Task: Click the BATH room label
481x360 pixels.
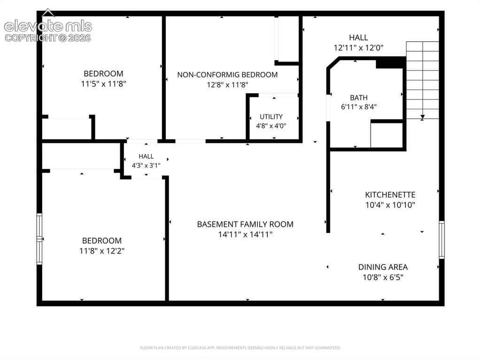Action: tap(358, 98)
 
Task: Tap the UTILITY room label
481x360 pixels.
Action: tap(271, 116)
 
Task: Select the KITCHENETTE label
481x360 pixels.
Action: tap(390, 195)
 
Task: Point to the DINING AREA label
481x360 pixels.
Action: tap(383, 267)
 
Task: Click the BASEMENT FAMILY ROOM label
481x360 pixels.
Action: tap(245, 224)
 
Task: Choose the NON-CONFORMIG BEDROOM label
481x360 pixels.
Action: tap(227, 75)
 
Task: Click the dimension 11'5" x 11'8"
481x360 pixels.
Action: tap(103, 84)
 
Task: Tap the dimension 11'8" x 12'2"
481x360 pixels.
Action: tap(102, 251)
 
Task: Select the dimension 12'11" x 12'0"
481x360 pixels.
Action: tap(358, 48)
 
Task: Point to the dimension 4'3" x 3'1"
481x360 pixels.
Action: tap(146, 166)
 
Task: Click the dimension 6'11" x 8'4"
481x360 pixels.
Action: tap(358, 107)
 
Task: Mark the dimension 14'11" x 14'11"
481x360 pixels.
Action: tap(245, 235)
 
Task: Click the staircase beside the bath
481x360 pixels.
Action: tap(422, 80)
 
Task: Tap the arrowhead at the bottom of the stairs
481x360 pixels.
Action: tap(422, 117)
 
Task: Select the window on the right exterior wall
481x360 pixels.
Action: tap(442, 239)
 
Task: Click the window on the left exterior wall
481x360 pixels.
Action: tap(39, 239)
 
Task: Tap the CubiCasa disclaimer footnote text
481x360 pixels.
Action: tap(240, 348)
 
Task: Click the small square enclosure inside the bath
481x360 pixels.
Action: tap(387, 135)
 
